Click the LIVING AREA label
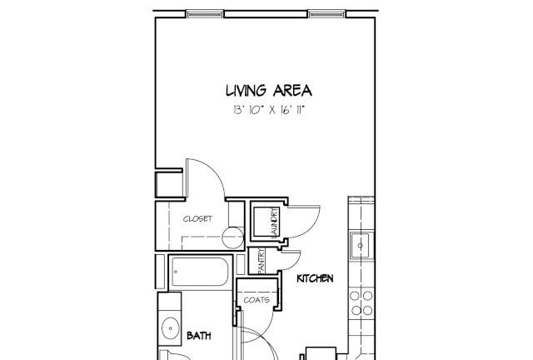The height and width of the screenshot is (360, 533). click(268, 91)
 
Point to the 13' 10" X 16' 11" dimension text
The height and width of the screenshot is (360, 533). click(268, 110)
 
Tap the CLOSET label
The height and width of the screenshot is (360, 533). click(197, 219)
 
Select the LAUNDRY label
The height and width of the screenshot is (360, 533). click(275, 222)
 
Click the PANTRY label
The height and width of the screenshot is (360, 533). click(262, 260)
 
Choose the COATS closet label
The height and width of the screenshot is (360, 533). click(257, 300)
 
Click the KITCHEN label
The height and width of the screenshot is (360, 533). click(315, 278)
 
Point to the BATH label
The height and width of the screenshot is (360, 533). click(199, 336)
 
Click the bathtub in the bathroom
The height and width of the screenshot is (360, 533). click(200, 272)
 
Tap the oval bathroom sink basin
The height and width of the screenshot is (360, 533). click(171, 328)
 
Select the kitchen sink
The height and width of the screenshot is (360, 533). click(361, 246)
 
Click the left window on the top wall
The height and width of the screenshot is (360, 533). click(205, 14)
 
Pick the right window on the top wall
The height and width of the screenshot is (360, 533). click(326, 14)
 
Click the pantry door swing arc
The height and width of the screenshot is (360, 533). click(296, 262)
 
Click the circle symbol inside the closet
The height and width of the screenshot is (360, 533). click(233, 237)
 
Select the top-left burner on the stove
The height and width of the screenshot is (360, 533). click(355, 296)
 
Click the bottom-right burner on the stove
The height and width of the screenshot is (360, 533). click(367, 310)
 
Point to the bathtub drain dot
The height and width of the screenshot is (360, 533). click(176, 272)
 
